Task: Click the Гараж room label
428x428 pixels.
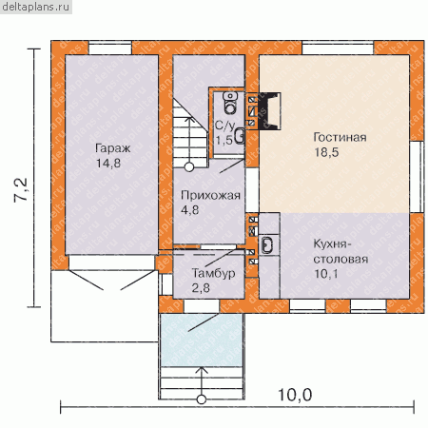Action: tap(113, 148)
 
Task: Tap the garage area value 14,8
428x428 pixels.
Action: tap(108, 164)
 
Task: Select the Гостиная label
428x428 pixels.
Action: tap(340, 137)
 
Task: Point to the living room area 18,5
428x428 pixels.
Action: tap(326, 152)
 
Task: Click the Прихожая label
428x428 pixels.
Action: tap(210, 195)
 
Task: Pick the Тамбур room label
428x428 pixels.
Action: tap(213, 273)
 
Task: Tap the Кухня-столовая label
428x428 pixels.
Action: tap(340, 252)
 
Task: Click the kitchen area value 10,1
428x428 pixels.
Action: tap(326, 274)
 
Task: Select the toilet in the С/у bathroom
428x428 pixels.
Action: tap(230, 103)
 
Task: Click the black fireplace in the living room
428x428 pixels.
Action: tap(269, 111)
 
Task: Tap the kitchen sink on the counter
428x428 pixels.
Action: tap(267, 245)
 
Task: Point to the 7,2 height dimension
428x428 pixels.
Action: tap(21, 189)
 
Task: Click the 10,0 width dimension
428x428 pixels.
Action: tap(295, 395)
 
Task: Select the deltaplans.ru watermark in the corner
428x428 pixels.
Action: tap(35, 7)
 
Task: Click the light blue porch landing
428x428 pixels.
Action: tap(202, 340)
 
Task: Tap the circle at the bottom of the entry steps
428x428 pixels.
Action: tap(202, 399)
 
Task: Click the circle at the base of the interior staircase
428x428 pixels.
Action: tap(189, 167)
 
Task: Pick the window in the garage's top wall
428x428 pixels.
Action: tap(110, 48)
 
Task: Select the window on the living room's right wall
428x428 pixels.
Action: tap(417, 177)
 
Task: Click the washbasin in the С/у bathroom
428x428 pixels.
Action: tap(240, 136)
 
